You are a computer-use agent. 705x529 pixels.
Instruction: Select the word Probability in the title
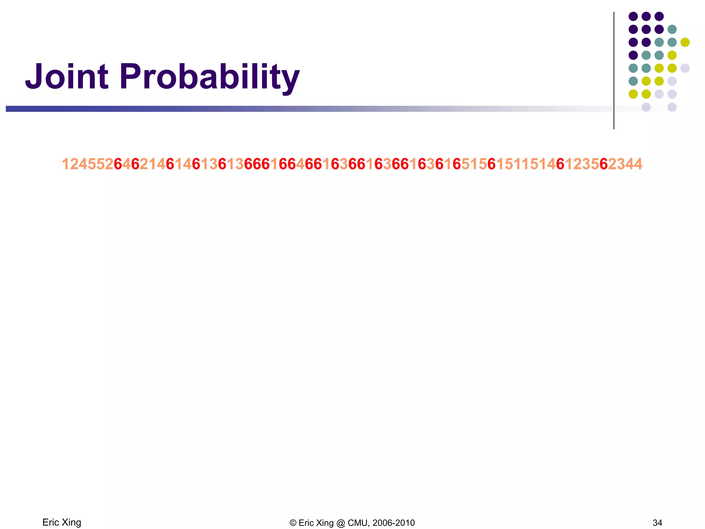click(210, 77)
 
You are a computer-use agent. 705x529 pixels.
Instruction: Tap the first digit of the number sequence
click(65, 164)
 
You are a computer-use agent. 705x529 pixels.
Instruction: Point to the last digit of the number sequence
click(638, 164)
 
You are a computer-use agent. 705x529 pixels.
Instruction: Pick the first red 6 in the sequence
click(118, 164)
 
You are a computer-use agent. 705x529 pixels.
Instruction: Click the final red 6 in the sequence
click(603, 164)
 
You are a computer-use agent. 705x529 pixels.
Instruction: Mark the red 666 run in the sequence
click(257, 164)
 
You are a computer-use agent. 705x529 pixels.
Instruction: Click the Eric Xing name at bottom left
click(62, 522)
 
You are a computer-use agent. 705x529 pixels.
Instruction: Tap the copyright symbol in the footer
click(293, 523)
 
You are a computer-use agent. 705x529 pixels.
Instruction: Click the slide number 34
click(657, 523)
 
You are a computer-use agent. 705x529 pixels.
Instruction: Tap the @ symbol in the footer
click(340, 523)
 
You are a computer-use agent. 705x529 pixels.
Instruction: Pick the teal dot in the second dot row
click(672, 29)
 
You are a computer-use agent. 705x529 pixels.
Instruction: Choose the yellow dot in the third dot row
click(685, 42)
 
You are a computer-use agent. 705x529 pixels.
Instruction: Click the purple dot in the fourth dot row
click(633, 55)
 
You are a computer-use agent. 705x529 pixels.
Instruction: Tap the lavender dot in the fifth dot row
click(685, 68)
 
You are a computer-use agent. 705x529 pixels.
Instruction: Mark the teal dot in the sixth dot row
click(633, 81)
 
